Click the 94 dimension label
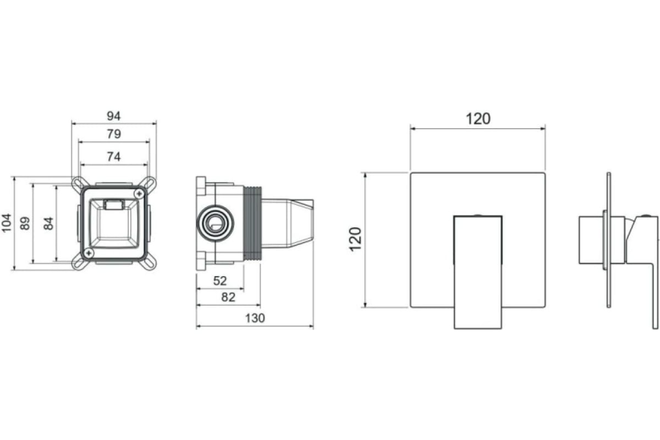pos(114,116)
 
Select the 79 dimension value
pos(114,134)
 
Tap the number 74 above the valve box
pos(114,157)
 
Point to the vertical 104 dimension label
pos(7,223)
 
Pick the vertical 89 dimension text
pos(25,223)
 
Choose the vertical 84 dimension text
pos(48,223)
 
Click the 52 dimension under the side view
pos(220,281)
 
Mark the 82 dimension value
pos(228,297)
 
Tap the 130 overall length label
pos(255,318)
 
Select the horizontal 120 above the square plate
pos(478,119)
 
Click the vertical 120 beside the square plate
pos(355,239)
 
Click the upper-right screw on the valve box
pos(139,194)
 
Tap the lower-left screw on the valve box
pos(89,253)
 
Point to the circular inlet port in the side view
pos(216,223)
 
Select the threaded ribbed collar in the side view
pos(253,223)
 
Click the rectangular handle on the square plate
pos(478,272)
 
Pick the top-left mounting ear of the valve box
pos(79,184)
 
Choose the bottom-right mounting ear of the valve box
pos(148,262)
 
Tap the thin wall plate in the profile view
pos(609,240)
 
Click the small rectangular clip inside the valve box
pos(114,205)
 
